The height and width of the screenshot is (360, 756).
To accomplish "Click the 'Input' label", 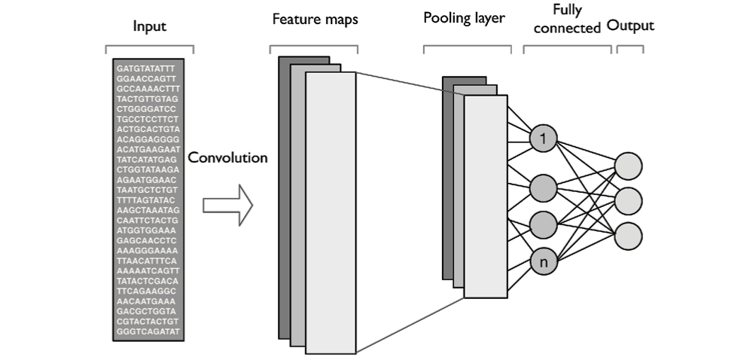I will click(x=149, y=27).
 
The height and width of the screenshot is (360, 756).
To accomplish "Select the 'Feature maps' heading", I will click(x=315, y=20).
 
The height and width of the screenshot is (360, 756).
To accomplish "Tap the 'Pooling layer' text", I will click(x=464, y=19).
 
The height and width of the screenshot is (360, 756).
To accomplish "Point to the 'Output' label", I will click(x=630, y=26).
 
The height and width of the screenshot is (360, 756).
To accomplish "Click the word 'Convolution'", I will click(x=227, y=158).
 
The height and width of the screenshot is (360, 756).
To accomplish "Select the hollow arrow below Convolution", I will click(x=227, y=205).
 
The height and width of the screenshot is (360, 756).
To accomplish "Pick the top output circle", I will click(x=629, y=166).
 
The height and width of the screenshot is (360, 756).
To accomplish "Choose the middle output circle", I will click(x=629, y=200).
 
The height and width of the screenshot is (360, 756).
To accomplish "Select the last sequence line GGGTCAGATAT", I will click(x=148, y=331).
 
